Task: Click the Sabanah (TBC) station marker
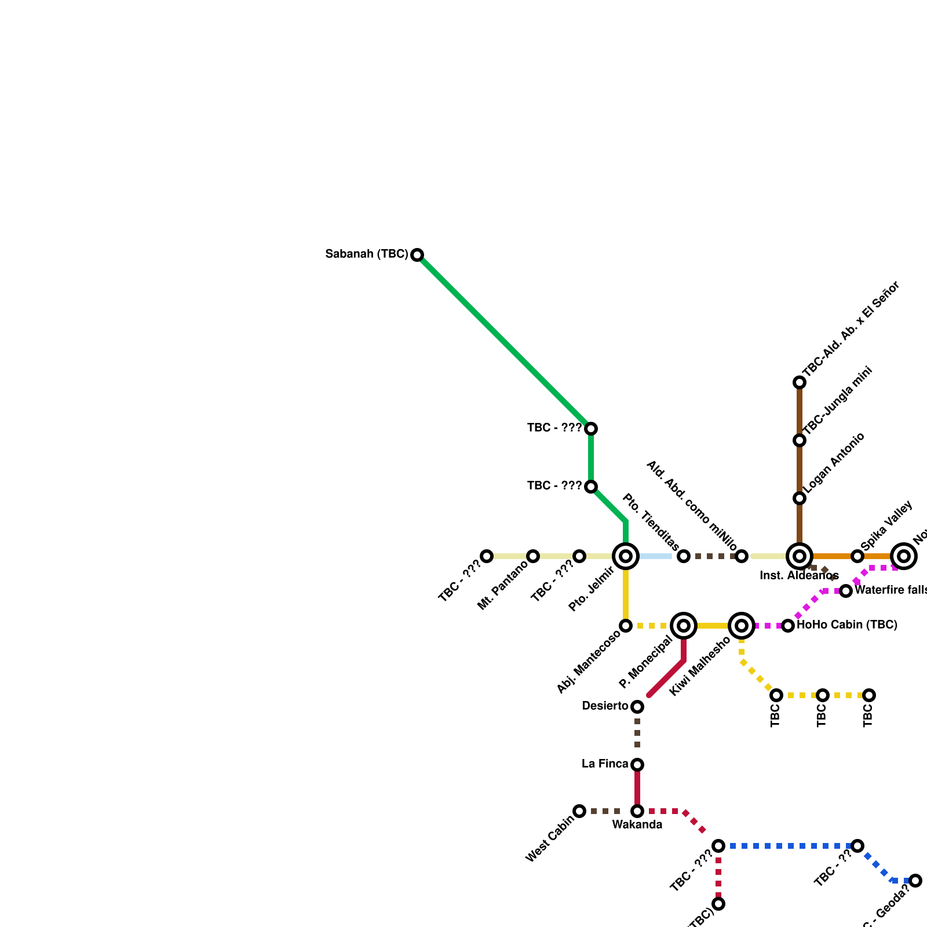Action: pyautogui.click(x=417, y=255)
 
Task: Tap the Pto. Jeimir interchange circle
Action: pyautogui.click(x=626, y=556)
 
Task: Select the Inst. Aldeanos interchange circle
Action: pyautogui.click(x=800, y=556)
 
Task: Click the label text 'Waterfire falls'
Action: pyautogui.click(x=890, y=590)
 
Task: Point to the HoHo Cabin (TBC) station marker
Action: pyautogui.click(x=788, y=626)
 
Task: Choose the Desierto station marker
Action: pyautogui.click(x=637, y=707)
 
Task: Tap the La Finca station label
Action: pyautogui.click(x=605, y=764)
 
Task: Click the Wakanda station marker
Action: pyautogui.click(x=637, y=811)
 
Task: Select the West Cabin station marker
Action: pyautogui.click(x=579, y=811)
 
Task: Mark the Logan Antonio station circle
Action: pyautogui.click(x=800, y=498)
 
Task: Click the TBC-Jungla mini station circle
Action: pyautogui.click(x=800, y=440)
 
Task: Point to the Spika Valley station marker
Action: pyautogui.click(x=857, y=556)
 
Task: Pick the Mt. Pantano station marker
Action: pyautogui.click(x=533, y=556)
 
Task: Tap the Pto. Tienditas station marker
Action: pyautogui.click(x=684, y=556)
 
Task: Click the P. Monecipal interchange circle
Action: pyautogui.click(x=684, y=626)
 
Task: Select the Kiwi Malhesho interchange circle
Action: pyautogui.click(x=742, y=626)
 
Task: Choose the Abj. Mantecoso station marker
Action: pyautogui.click(x=626, y=626)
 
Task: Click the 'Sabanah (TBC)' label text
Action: pyautogui.click(x=367, y=254)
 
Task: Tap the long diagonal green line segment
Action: pyautogui.click(x=504, y=342)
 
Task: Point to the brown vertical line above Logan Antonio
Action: pyautogui.click(x=800, y=469)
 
